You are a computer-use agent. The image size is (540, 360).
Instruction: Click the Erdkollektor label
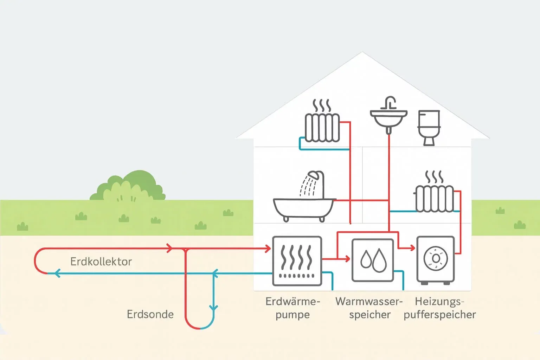pos(101,262)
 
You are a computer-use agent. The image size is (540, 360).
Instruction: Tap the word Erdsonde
pos(150,314)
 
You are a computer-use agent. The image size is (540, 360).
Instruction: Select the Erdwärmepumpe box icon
pos(297,261)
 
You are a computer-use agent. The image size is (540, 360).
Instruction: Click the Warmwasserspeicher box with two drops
pos(373,261)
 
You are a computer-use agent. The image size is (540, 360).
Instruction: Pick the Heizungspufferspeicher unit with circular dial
pos(435,260)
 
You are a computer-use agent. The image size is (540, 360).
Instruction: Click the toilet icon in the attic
pos(429,127)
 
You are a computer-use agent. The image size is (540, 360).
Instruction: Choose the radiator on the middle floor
pos(435,199)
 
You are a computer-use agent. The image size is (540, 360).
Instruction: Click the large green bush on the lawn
pos(128,187)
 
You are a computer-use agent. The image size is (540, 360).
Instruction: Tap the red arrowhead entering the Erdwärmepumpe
pos(268,249)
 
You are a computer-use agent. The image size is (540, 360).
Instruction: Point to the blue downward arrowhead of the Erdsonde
pos(213,308)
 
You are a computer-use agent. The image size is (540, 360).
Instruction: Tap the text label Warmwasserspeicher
pos(369,308)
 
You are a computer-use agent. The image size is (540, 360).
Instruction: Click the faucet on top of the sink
pos(390,102)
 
